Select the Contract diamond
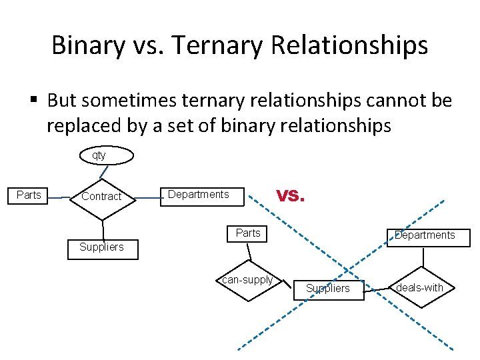(x=102, y=197)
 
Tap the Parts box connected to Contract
(x=29, y=195)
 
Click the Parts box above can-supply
(x=248, y=233)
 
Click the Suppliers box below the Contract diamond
(x=102, y=248)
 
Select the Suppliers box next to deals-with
(x=327, y=289)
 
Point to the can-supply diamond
(x=247, y=281)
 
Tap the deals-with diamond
(x=419, y=288)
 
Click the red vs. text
(x=291, y=195)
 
